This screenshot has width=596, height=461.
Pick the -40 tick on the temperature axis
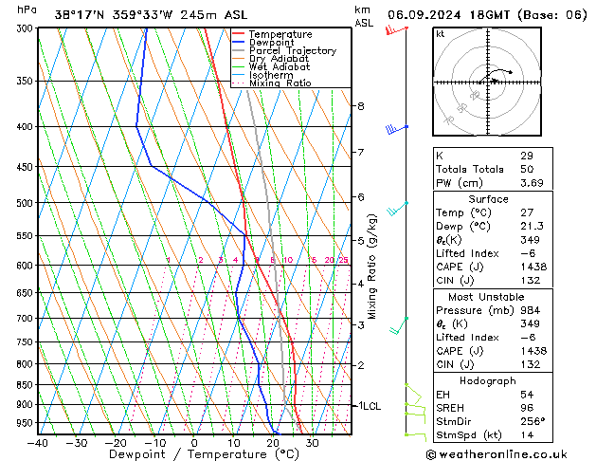pos(38,442)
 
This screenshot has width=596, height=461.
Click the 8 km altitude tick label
pos(360,106)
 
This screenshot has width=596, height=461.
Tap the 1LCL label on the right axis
pos(368,406)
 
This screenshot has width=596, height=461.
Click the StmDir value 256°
pos(533,422)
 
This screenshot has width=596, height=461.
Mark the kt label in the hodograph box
pos(441,34)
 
